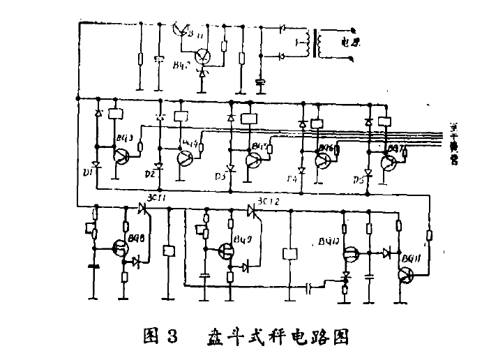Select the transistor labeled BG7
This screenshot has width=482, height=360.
[x=389, y=162]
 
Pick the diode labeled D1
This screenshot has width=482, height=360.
[x=97, y=166]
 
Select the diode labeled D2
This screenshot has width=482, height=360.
[x=160, y=167]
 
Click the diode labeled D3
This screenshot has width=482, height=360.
[x=231, y=168]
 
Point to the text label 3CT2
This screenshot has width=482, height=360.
[x=269, y=202]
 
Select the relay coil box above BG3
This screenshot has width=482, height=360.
[x=118, y=114]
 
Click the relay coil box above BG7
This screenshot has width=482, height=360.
[x=382, y=120]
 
